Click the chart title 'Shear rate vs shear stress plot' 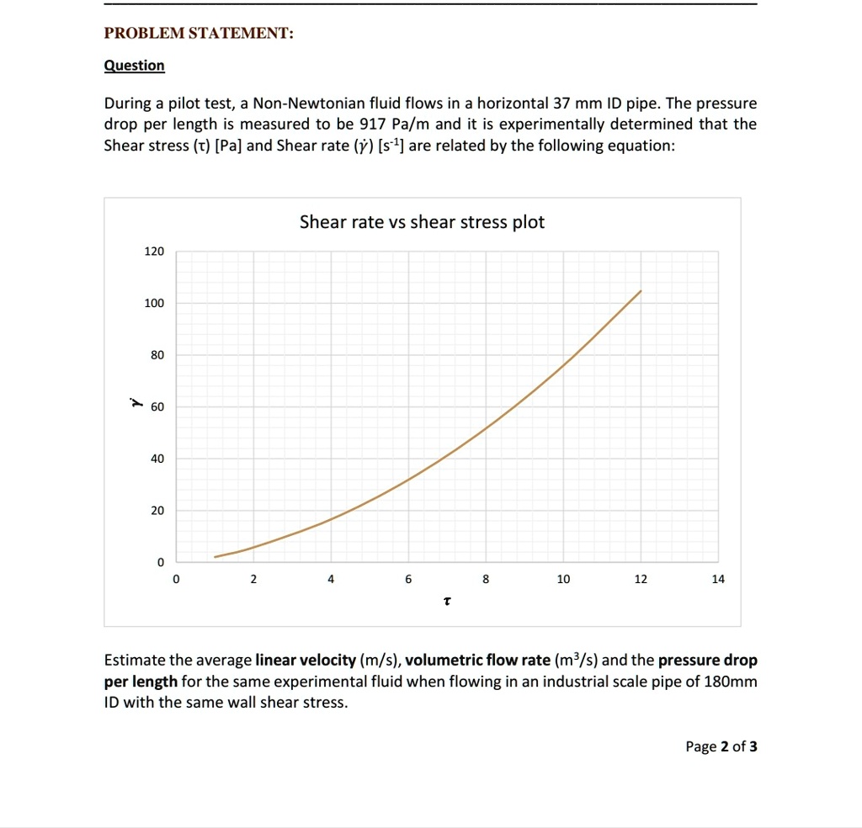(x=422, y=222)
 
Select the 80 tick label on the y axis (x=157, y=355)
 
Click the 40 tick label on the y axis (x=157, y=459)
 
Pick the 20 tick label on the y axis (x=157, y=511)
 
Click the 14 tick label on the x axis (x=718, y=579)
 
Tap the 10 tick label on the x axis (x=563, y=579)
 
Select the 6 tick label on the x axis (x=408, y=579)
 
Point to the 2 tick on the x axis (x=253, y=579)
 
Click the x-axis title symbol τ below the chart (x=447, y=602)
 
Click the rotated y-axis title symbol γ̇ (x=134, y=404)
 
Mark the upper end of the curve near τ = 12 (x=641, y=291)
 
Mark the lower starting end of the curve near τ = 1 (x=215, y=557)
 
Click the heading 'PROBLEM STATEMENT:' (x=199, y=34)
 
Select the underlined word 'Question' (x=134, y=66)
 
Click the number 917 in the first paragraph (x=372, y=125)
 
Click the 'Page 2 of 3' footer (x=721, y=746)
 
